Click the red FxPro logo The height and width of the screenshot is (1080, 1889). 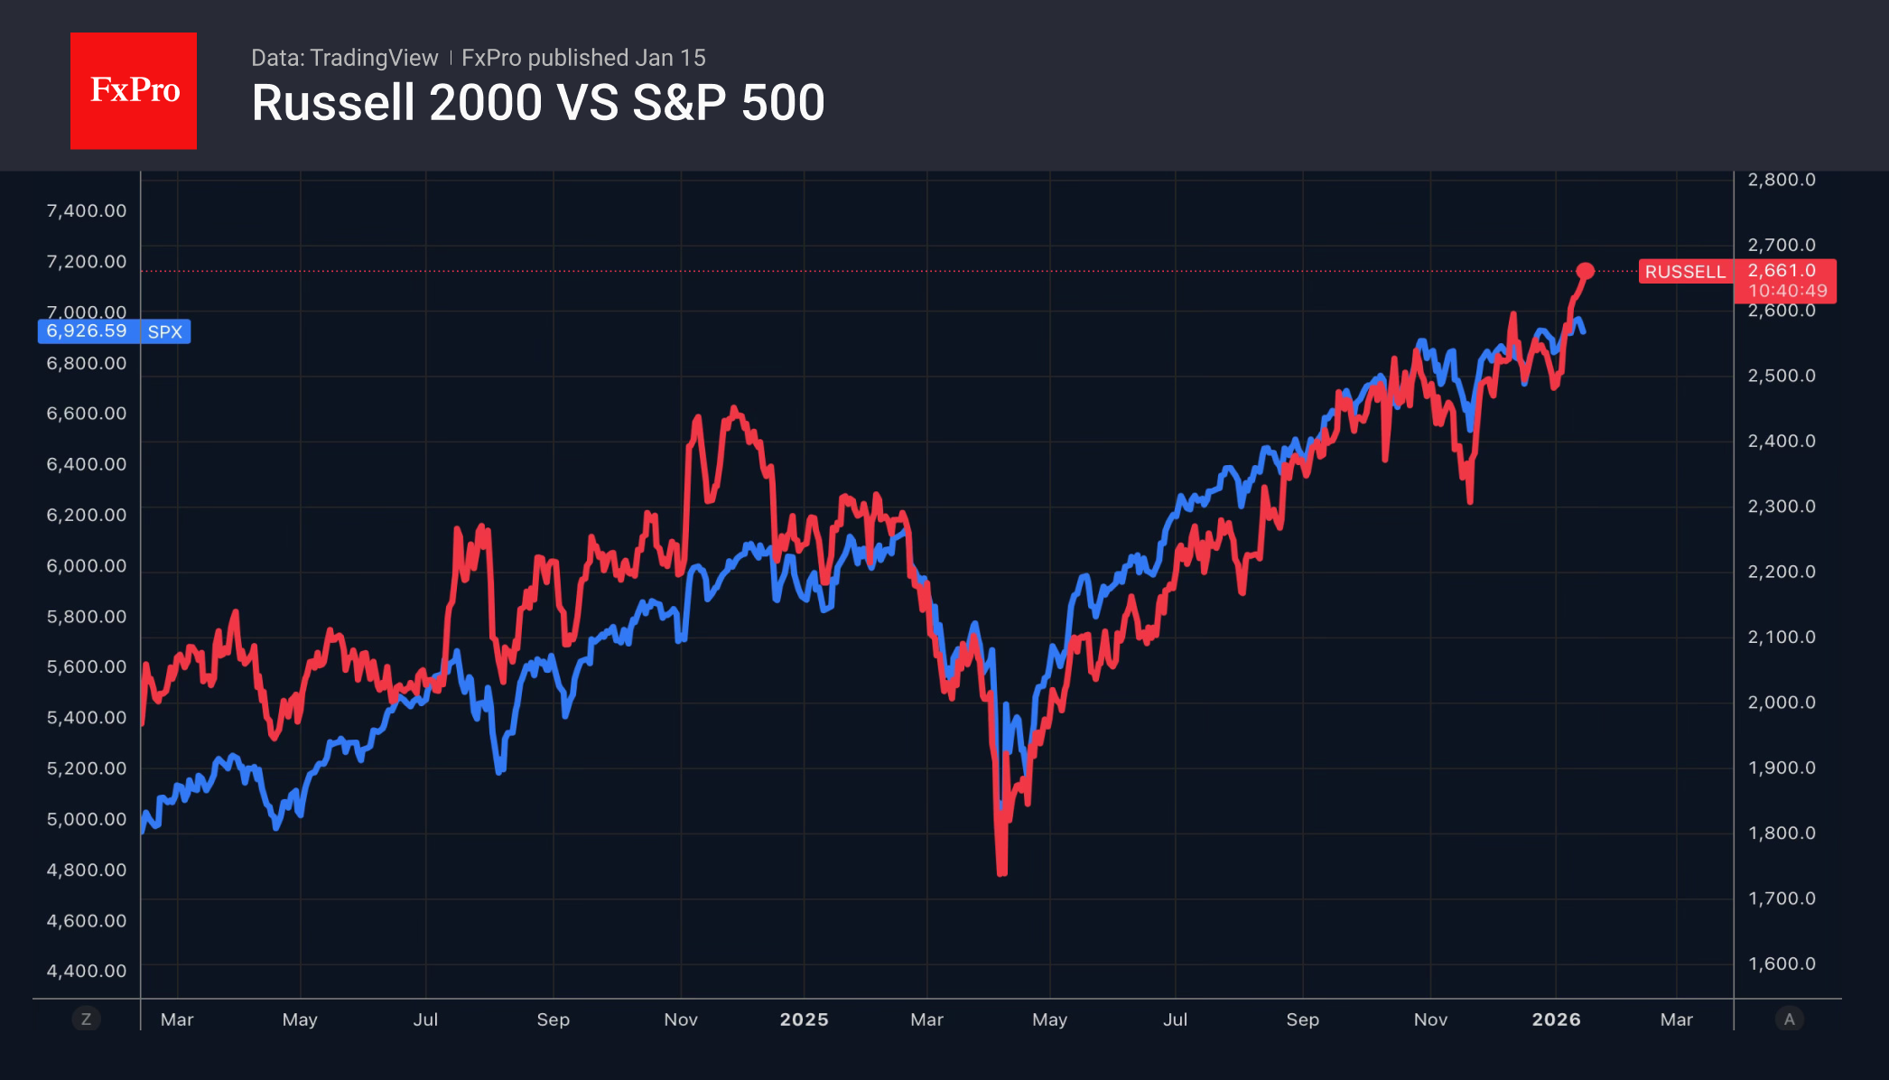134,90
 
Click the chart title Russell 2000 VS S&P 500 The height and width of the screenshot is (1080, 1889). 537,103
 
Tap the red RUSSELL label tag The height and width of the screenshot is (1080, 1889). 1684,272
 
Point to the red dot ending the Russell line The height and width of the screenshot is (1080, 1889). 1585,271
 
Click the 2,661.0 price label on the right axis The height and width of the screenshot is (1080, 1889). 1782,271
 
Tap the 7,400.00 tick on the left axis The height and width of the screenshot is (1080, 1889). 87,211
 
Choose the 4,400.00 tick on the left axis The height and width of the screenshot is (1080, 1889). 87,972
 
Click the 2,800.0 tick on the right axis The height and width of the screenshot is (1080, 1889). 1781,180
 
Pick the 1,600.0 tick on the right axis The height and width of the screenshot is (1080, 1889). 1781,964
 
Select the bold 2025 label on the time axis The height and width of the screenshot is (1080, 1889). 804,1019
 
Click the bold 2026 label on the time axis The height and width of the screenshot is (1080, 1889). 1556,1019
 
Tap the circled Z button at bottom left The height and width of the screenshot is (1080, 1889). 86,1019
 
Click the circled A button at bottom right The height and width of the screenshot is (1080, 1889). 1789,1019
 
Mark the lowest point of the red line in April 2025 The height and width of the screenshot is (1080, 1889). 1001,872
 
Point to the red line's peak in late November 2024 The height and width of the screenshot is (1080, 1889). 733,409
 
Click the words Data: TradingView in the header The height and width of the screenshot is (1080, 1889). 344,58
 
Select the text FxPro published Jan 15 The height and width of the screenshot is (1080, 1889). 583,58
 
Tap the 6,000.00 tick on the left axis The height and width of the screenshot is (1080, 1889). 87,566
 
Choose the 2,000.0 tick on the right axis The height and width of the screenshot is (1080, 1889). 1781,703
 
